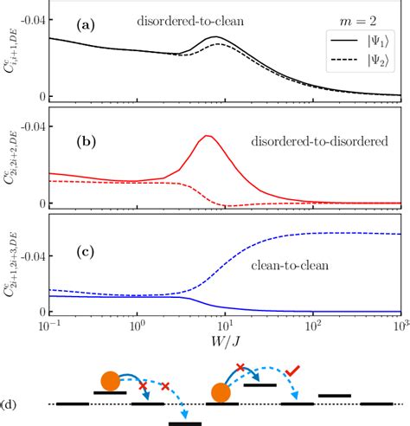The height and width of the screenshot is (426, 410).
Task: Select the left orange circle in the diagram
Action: (110, 380)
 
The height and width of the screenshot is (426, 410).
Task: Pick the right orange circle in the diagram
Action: (218, 391)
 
